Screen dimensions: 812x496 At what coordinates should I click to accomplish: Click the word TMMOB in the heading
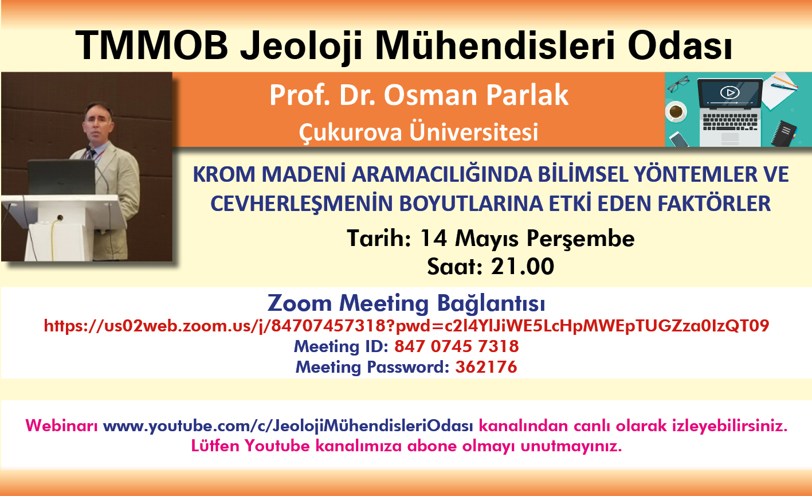(x=151, y=45)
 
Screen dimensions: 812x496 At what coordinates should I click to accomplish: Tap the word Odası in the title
(x=680, y=45)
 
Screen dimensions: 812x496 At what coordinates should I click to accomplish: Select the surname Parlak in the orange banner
(x=527, y=95)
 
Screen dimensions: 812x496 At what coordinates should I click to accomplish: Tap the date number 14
(x=433, y=239)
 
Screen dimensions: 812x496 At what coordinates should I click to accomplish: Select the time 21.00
(x=523, y=267)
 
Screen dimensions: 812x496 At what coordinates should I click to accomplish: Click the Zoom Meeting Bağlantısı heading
(x=406, y=303)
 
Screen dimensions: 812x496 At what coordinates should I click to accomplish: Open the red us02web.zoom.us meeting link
(x=406, y=326)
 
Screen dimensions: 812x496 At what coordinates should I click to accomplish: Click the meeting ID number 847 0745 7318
(x=456, y=346)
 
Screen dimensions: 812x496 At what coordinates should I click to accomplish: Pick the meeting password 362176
(x=486, y=367)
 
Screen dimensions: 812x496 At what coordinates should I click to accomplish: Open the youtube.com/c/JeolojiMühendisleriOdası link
(x=288, y=425)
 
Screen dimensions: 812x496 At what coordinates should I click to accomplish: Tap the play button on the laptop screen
(x=729, y=92)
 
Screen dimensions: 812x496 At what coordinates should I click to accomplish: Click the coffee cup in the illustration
(x=676, y=111)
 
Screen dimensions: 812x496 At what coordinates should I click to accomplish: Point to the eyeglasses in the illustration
(x=678, y=84)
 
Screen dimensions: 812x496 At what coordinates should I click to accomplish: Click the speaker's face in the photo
(x=98, y=123)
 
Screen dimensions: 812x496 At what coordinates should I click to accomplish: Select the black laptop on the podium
(x=62, y=177)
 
